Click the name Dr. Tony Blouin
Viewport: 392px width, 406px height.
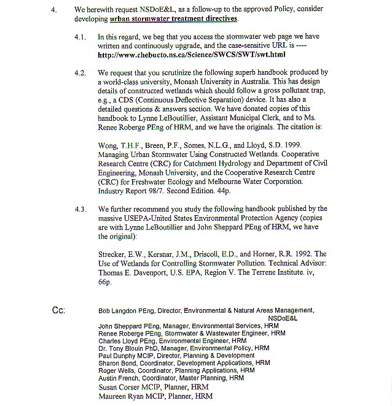[x=120, y=348]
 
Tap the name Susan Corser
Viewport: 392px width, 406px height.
[x=117, y=388]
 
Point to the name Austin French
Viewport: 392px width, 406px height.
[x=117, y=379]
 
